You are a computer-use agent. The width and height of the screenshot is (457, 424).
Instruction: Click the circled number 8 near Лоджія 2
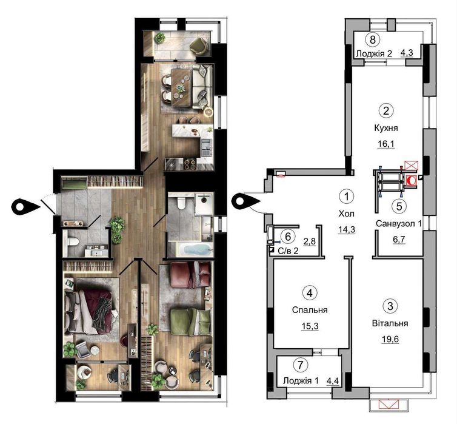pos(374,40)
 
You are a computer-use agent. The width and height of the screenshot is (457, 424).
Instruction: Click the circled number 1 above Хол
pos(346,197)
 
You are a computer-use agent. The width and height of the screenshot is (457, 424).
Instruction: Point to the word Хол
pos(346,214)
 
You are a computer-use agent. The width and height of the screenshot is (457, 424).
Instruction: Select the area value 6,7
pos(399,240)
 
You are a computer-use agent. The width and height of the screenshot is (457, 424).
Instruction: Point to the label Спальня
pos(310,309)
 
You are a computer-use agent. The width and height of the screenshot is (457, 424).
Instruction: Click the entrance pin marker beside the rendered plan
pos(24,206)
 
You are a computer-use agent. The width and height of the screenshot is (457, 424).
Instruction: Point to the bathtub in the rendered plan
pos(192,249)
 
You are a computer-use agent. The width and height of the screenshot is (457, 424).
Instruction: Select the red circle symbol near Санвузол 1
pos(412,180)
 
